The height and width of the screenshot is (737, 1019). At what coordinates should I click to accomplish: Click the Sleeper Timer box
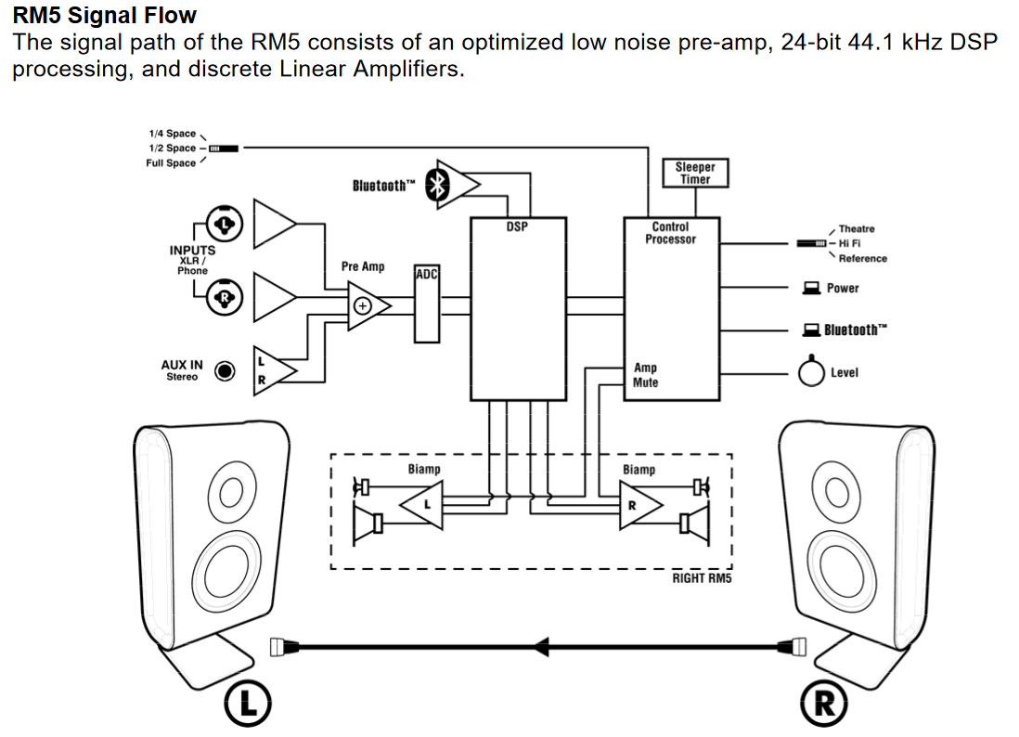695,173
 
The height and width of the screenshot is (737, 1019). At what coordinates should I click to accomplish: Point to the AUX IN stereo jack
225,371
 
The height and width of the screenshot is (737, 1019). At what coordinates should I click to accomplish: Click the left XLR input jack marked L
225,223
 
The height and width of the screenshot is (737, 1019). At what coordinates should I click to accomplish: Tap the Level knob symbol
812,372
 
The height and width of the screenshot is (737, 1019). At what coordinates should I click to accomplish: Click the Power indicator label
843,288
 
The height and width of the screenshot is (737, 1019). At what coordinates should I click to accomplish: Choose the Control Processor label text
670,233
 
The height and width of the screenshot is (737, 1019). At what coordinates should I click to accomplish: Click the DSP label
517,226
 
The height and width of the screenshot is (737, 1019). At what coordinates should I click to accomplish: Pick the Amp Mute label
646,375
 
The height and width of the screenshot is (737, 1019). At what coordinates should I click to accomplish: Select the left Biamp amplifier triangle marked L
422,504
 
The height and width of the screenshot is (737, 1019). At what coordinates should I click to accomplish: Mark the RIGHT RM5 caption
702,579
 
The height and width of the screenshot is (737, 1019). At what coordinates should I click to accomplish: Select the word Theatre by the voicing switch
856,228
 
